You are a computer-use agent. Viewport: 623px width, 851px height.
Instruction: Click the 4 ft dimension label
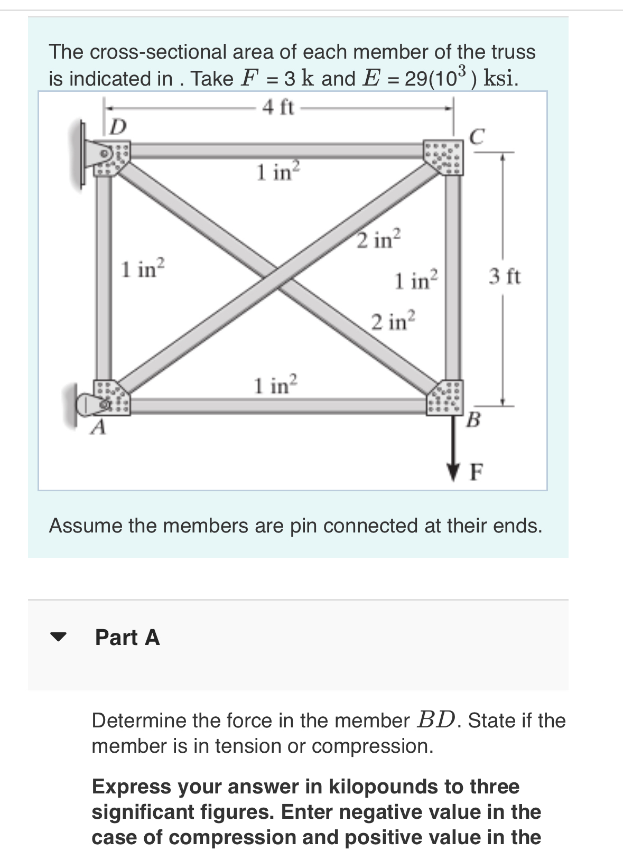[x=278, y=108]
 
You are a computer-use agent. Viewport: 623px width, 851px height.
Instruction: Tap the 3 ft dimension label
[x=504, y=276]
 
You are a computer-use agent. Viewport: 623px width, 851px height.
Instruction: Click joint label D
[x=119, y=127]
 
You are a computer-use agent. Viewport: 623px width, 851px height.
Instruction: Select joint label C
[x=477, y=137]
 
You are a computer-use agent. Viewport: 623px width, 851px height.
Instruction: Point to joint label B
[x=474, y=420]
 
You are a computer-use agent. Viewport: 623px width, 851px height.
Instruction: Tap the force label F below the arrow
[x=476, y=472]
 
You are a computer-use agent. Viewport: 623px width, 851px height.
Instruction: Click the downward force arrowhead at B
[x=453, y=470]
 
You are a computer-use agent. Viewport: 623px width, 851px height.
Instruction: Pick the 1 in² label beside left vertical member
[x=143, y=269]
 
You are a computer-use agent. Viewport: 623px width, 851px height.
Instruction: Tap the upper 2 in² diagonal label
[x=379, y=239]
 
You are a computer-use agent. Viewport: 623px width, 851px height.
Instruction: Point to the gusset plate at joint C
[x=445, y=157]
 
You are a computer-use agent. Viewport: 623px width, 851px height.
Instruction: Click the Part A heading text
[x=127, y=638]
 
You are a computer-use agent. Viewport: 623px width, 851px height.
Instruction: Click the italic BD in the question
[x=436, y=720]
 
